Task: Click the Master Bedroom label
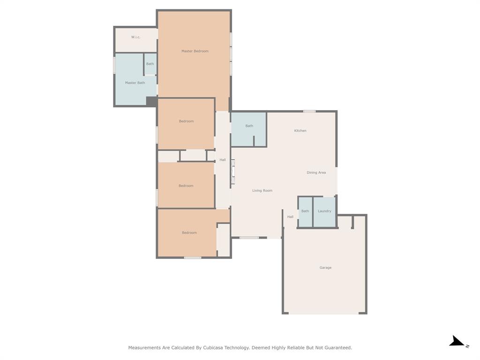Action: coord(195,51)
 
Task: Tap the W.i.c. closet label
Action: coord(135,37)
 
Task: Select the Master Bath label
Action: coord(135,83)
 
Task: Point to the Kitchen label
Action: coord(300,131)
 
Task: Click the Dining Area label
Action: coord(316,172)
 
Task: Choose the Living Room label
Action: coord(262,191)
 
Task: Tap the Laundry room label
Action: coord(324,211)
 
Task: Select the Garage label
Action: coord(325,268)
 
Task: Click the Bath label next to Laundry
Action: coord(305,211)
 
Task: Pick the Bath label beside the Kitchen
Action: coord(249,126)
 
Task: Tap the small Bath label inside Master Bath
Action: coord(150,64)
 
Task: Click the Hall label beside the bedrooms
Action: coord(223,160)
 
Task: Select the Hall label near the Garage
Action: coord(290,217)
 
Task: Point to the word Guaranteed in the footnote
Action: coord(336,348)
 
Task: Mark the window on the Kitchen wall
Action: coord(309,111)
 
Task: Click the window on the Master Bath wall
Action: coord(114,65)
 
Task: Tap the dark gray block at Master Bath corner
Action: coord(151,101)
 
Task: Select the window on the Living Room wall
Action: coord(249,238)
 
